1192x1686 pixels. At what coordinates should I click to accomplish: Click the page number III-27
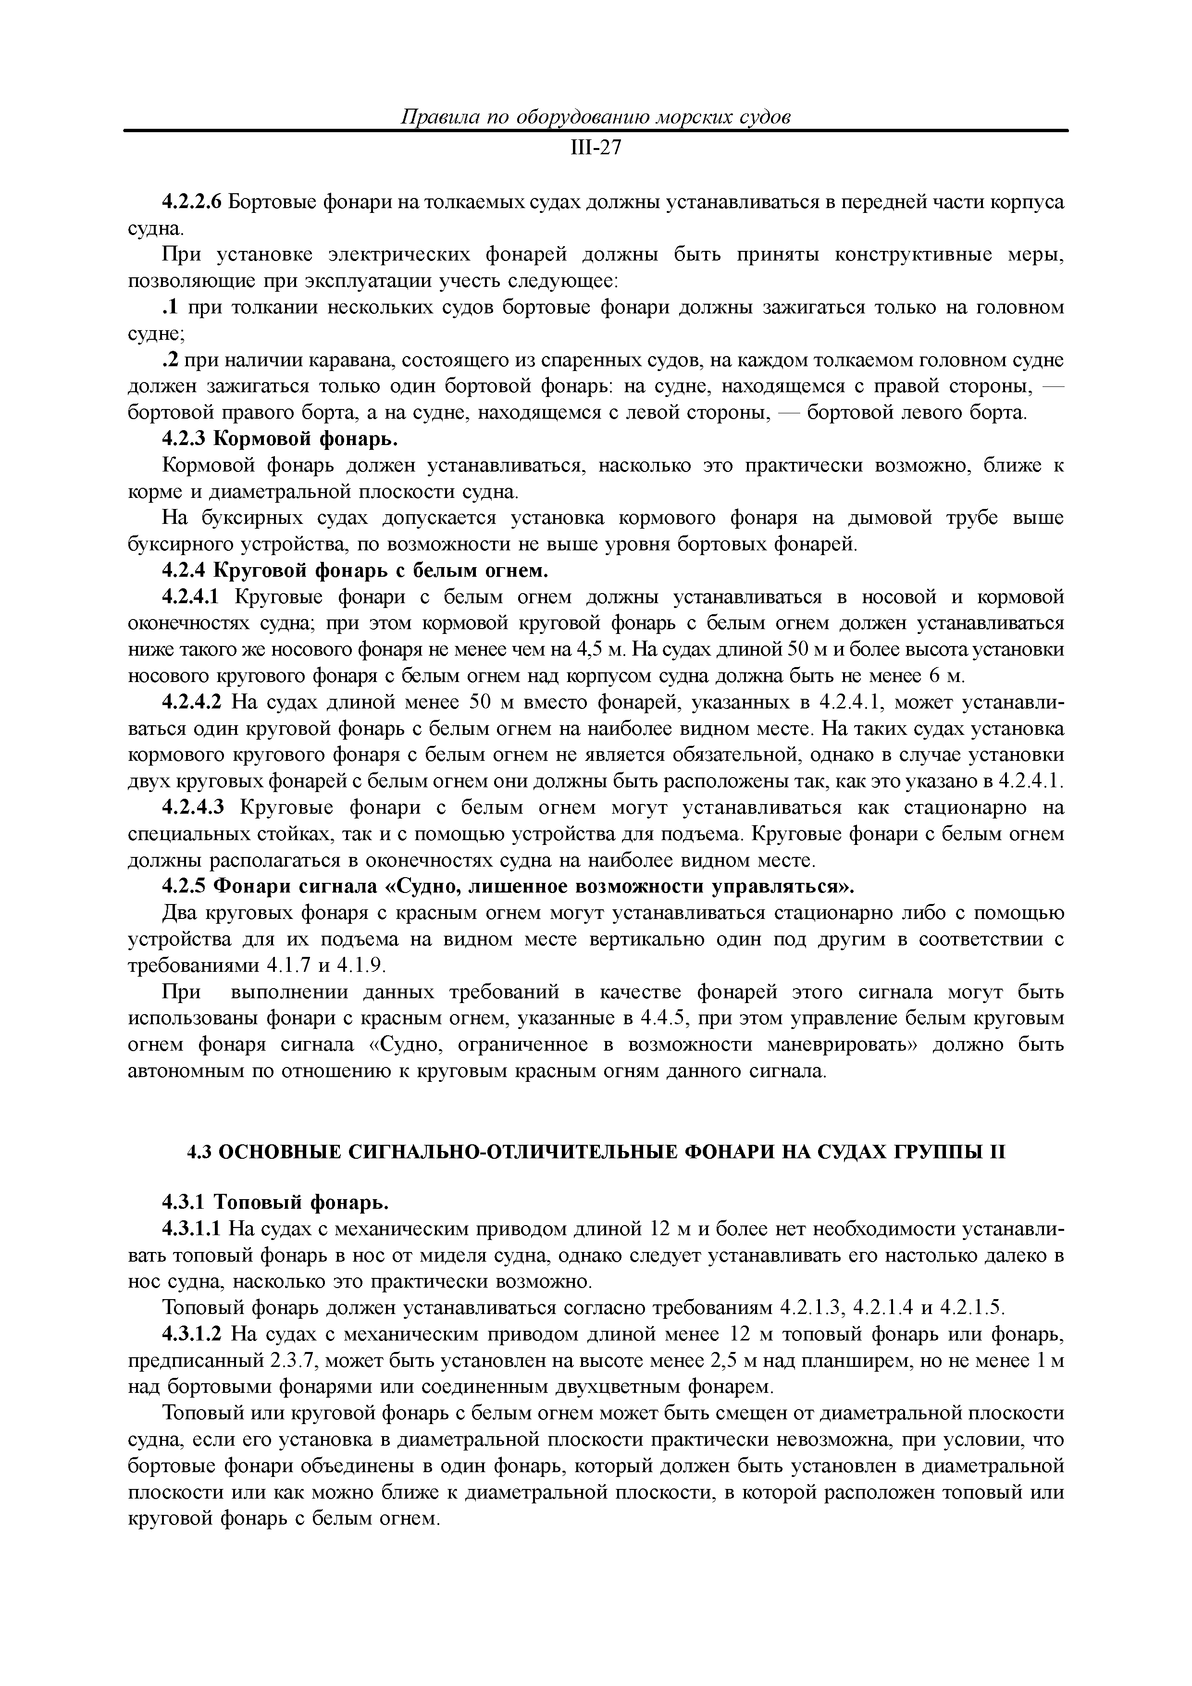(596, 149)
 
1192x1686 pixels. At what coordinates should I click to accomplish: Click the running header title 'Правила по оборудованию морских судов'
(596, 117)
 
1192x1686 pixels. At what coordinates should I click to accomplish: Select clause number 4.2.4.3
(192, 808)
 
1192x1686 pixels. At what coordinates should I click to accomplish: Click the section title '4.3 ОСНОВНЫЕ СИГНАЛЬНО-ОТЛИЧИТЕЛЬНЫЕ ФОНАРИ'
(596, 1152)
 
